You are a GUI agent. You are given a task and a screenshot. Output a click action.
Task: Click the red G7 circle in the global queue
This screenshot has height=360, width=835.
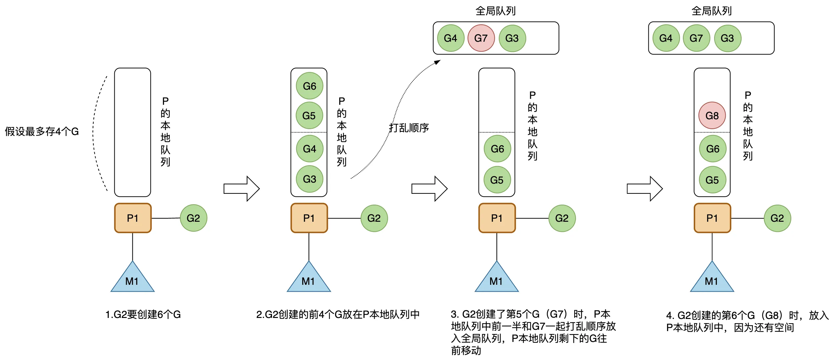481,38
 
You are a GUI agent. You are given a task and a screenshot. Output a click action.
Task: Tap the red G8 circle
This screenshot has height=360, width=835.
712,116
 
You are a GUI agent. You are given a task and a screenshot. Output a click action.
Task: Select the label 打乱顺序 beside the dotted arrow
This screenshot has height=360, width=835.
409,128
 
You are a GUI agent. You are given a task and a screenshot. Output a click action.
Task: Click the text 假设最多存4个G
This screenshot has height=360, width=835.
42,132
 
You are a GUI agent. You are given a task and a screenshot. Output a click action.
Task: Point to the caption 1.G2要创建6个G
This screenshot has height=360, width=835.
143,314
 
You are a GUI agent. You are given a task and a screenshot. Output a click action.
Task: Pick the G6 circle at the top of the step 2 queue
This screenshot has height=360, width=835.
309,86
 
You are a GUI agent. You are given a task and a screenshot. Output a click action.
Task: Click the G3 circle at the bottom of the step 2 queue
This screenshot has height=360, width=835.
309,179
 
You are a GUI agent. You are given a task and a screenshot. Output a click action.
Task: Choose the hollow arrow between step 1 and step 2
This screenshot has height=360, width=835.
241,189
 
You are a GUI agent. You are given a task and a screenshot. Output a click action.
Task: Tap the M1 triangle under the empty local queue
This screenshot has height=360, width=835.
132,279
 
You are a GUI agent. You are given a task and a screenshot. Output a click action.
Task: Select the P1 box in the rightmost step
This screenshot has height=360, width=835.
712,218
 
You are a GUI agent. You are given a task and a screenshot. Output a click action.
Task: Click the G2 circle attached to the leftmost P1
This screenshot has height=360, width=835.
193,218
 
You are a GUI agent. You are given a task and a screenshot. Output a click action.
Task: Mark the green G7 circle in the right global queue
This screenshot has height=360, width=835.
696,38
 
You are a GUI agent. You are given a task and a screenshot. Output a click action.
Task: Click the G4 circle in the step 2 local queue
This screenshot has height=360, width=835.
309,149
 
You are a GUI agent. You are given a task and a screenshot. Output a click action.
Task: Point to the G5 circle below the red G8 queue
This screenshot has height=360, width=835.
712,180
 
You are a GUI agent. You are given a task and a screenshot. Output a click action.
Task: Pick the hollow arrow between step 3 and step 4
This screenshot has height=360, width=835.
645,189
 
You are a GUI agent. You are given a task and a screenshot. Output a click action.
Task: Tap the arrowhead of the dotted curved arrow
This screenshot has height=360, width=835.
438,62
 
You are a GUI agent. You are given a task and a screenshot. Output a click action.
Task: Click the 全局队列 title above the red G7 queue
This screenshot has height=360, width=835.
495,11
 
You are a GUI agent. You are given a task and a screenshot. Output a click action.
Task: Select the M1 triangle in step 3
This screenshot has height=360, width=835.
496,279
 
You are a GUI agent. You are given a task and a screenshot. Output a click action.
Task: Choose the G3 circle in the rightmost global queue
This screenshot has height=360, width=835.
727,38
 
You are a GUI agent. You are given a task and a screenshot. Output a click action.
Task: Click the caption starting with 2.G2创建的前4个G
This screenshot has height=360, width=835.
338,314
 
